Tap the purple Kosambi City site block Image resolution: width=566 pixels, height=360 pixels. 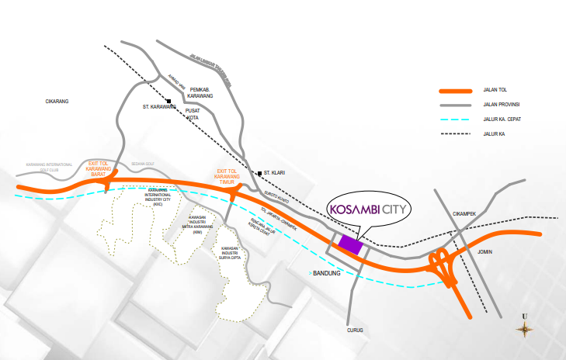point(350,244)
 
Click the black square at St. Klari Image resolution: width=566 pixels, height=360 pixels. point(261,172)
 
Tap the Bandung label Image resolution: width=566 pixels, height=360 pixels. point(325,273)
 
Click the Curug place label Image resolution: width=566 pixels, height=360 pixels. point(355,331)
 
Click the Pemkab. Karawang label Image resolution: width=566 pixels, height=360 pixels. point(200,94)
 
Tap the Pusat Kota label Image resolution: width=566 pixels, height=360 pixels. point(193,115)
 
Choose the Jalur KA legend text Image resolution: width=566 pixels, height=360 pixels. point(494,134)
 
